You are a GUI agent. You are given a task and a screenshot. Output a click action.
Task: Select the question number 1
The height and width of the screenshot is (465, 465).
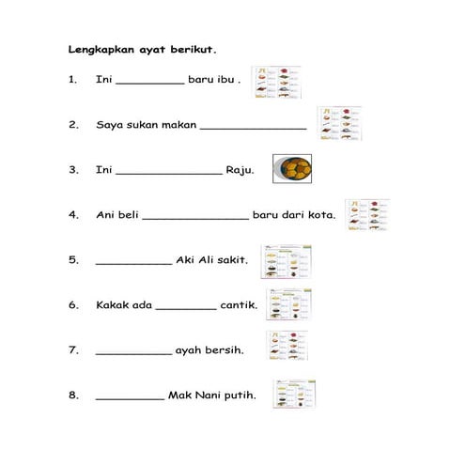(x=72, y=81)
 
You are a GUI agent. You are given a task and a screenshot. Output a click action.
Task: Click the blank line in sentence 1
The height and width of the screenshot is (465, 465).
(x=150, y=84)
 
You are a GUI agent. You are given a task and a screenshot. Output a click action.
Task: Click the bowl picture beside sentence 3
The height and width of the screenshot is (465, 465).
(x=291, y=169)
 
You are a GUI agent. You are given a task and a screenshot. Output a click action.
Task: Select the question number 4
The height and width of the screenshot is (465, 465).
(x=72, y=215)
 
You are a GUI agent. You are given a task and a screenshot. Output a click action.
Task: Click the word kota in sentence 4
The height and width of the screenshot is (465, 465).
(x=319, y=215)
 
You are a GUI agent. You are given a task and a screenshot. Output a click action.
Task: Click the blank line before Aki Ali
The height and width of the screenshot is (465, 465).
(x=133, y=263)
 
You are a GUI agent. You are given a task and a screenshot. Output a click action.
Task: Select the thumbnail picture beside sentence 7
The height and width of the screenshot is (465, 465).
(x=288, y=348)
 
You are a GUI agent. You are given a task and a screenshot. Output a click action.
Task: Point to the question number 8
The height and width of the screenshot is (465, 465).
(x=72, y=395)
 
